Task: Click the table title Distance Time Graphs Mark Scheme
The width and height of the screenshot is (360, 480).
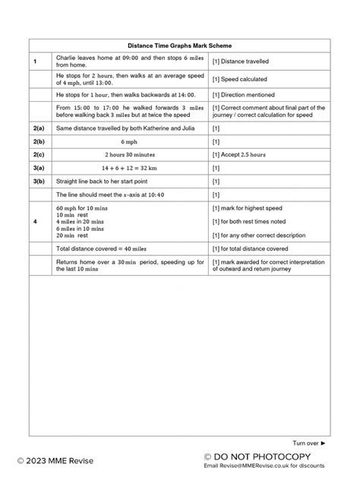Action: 180,46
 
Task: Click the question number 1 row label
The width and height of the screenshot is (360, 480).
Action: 36,61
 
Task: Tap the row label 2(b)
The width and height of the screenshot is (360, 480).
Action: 38,141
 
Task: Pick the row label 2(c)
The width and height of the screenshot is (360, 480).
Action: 38,154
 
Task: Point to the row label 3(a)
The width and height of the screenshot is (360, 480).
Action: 38,168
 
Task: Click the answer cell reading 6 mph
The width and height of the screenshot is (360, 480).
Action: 131,141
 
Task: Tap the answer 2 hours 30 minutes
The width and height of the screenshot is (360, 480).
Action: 131,154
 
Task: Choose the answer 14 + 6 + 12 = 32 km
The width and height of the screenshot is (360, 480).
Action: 131,168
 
